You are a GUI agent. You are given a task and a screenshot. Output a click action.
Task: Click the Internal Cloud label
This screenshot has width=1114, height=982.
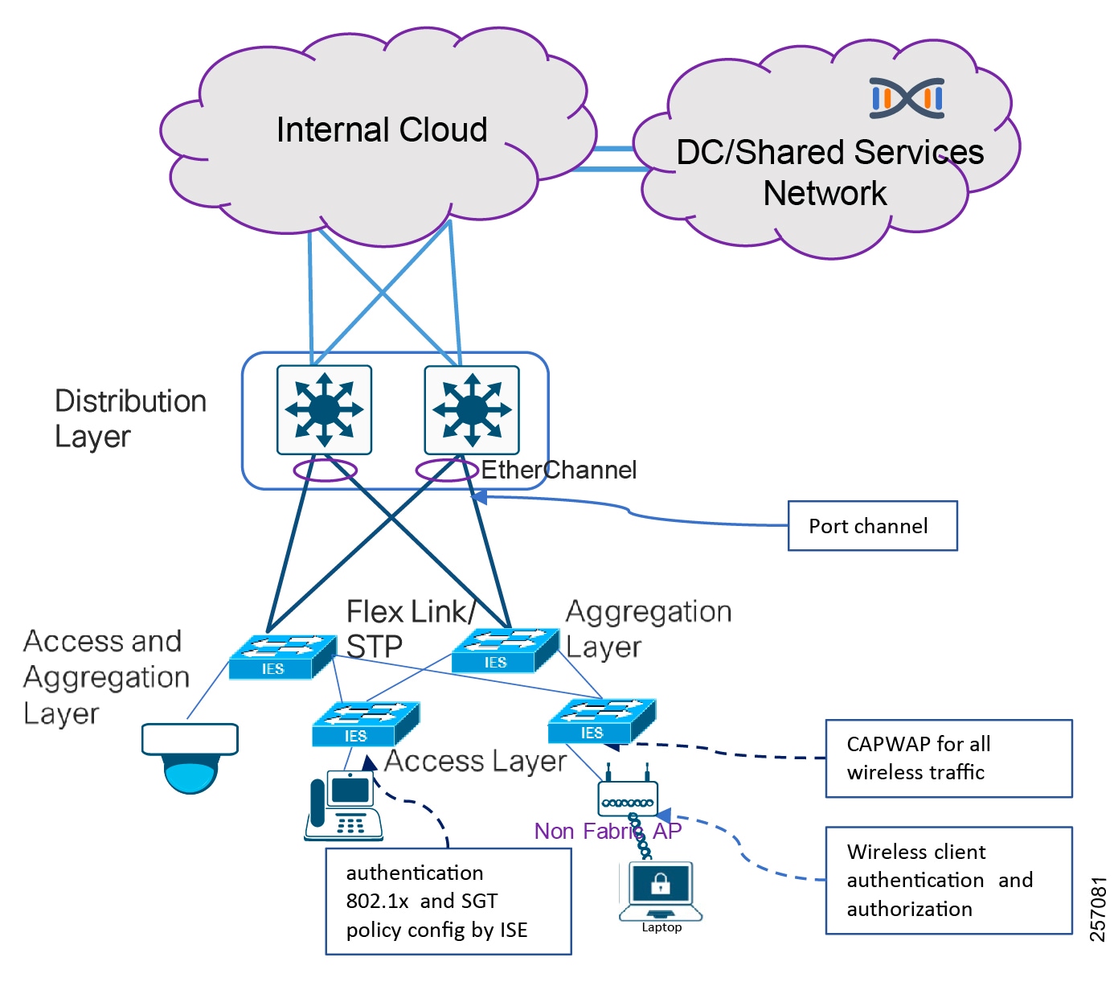pos(382,130)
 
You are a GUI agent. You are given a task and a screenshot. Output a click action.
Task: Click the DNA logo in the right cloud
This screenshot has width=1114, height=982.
pos(907,98)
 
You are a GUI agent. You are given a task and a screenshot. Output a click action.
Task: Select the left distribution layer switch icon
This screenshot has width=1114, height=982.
pos(324,409)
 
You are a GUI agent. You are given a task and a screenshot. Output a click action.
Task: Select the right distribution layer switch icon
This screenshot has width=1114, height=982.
pos(472,409)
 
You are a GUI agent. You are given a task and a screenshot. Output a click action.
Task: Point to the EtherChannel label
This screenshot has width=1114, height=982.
pos(559,470)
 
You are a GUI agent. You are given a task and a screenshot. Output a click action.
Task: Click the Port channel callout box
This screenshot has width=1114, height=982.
pos(872,526)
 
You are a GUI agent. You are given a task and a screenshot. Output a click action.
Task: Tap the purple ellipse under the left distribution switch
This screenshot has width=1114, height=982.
pos(325,470)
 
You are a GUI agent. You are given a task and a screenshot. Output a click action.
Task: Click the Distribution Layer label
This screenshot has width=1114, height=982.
pos(130,418)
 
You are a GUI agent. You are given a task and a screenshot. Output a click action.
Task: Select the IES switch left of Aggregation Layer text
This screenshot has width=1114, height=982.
pos(505,650)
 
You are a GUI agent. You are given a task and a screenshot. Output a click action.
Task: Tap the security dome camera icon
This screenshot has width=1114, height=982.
pos(190,757)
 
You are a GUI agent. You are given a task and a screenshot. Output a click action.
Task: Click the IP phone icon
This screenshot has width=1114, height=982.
pos(343,806)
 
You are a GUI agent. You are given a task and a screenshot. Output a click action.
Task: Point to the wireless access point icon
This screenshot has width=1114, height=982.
pos(628,795)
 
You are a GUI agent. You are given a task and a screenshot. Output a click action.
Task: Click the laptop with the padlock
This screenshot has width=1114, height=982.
pos(661,891)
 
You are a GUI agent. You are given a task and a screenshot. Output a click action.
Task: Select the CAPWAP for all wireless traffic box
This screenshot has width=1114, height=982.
pos(948,758)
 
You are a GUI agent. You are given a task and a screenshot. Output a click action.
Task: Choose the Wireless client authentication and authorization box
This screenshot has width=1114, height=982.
pos(948,881)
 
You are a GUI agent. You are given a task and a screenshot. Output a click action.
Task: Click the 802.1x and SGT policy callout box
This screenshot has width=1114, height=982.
pos(448,902)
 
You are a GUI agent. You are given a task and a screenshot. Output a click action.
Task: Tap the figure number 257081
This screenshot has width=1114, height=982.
pos(1098,909)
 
